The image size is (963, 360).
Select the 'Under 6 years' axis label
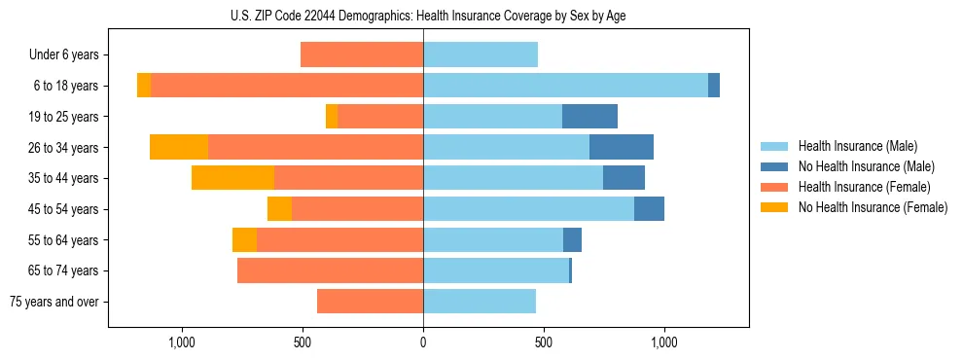(70, 55)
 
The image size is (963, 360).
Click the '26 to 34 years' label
(66, 148)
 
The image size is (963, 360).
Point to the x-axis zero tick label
(423, 342)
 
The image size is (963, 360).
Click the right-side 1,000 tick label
(663, 342)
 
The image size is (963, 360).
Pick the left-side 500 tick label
(303, 342)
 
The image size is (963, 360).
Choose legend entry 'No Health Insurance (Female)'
(873, 207)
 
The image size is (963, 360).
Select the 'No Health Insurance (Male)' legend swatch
(775, 166)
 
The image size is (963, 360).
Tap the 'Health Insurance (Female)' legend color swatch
(775, 187)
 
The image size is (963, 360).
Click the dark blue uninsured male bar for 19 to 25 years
(589, 117)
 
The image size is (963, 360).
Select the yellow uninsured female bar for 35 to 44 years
(232, 178)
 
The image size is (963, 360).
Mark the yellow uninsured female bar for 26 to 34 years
(179, 147)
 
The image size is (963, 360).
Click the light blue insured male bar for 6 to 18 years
(565, 86)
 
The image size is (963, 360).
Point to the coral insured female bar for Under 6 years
(362, 54)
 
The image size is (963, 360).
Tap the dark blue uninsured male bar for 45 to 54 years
(649, 209)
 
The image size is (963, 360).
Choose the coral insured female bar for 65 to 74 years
(330, 270)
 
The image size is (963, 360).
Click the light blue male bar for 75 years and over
(480, 302)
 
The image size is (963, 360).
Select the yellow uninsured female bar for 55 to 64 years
(244, 240)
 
